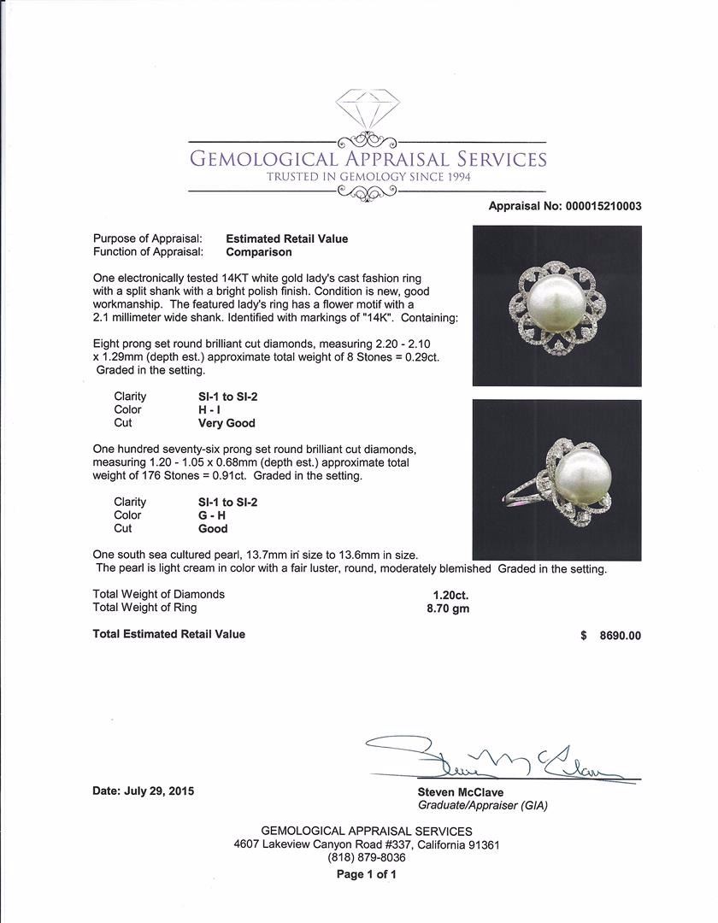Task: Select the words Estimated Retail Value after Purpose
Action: point(286,239)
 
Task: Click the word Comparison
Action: point(258,252)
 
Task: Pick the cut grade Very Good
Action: point(227,423)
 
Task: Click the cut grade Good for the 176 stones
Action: point(213,529)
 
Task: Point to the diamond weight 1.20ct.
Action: point(450,594)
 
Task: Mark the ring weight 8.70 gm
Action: point(448,608)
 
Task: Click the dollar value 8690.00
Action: point(620,635)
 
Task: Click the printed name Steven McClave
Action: point(460,792)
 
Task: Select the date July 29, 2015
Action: point(143,791)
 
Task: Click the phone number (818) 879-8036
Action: point(366,858)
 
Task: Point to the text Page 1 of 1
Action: point(366,874)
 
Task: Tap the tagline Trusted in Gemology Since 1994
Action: point(368,177)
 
